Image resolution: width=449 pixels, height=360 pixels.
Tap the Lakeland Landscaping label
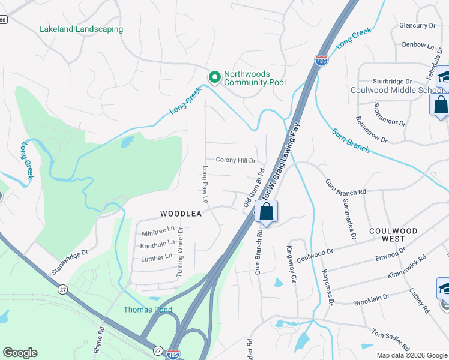point(81,29)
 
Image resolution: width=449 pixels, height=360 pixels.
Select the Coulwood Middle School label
point(397,91)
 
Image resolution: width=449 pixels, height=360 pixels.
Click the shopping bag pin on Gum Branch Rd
point(267,212)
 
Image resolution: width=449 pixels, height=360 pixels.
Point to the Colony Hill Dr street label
point(236,161)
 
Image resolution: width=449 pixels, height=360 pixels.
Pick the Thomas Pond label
point(148,310)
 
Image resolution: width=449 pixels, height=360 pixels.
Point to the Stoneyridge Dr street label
point(70,262)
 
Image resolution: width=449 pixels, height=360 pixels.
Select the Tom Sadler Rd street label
point(390,340)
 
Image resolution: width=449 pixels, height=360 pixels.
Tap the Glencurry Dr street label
point(417,26)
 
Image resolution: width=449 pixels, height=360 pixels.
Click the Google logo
point(20,353)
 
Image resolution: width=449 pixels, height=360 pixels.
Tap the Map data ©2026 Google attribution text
point(412,355)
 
